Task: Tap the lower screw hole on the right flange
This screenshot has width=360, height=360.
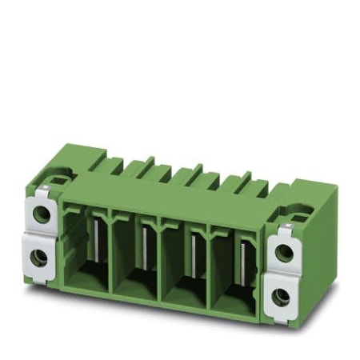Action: pos(281,296)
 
